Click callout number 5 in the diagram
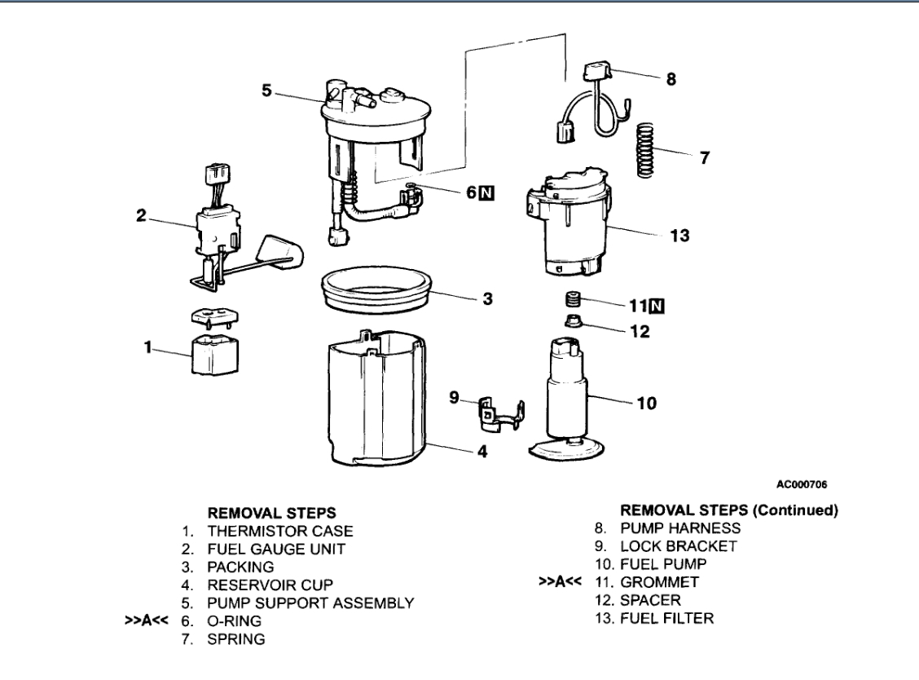point(267,91)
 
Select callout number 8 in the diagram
point(671,81)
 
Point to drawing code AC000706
point(803,484)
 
